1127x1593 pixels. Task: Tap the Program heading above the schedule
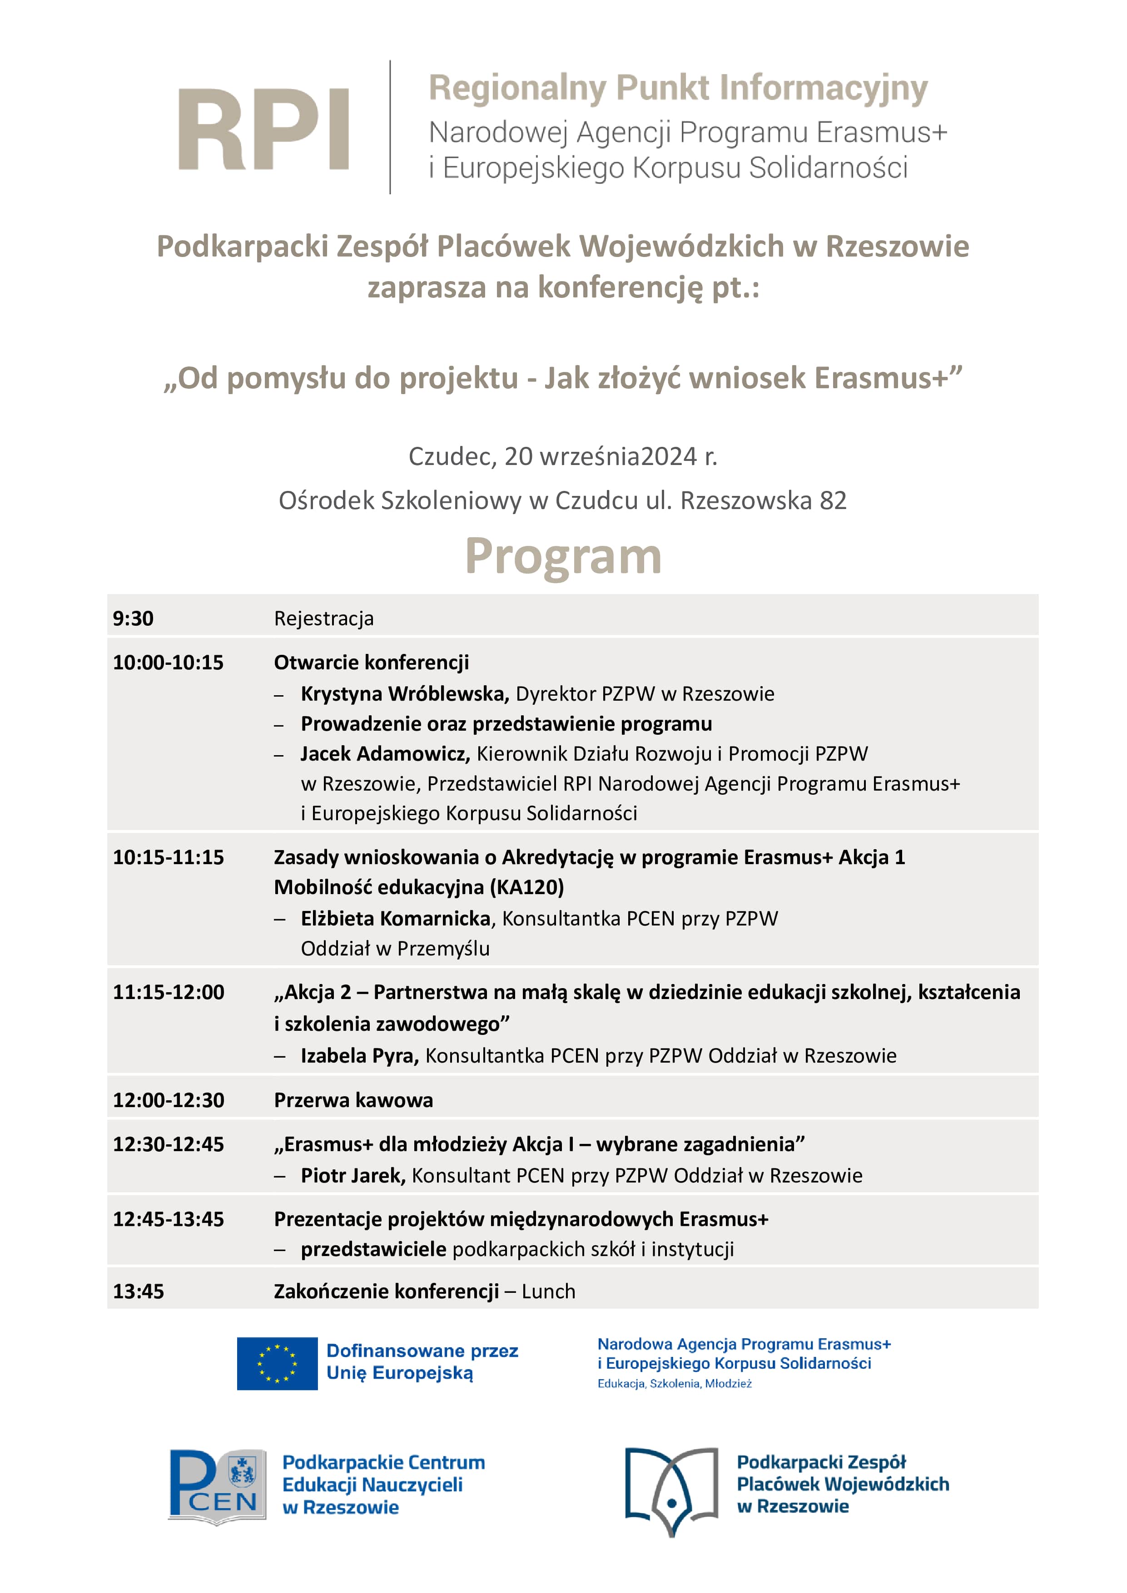click(x=563, y=556)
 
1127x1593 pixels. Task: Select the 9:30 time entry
click(x=133, y=618)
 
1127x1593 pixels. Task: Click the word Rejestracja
click(x=323, y=618)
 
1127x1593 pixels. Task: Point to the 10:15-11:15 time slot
click(x=169, y=857)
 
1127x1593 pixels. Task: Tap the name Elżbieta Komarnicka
click(x=396, y=919)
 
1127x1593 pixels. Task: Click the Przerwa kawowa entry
click(x=353, y=1100)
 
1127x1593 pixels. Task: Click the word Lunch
click(x=548, y=1292)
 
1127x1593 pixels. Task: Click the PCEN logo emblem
click(x=217, y=1486)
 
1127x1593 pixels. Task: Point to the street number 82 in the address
click(x=833, y=501)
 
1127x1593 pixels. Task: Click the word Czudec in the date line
click(x=451, y=456)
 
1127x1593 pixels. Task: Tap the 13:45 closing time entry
click(x=139, y=1292)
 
